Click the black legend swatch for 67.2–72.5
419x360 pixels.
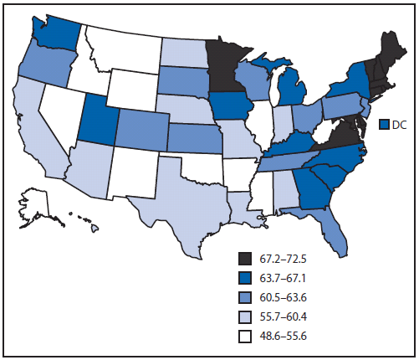pyautogui.click(x=245, y=256)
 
